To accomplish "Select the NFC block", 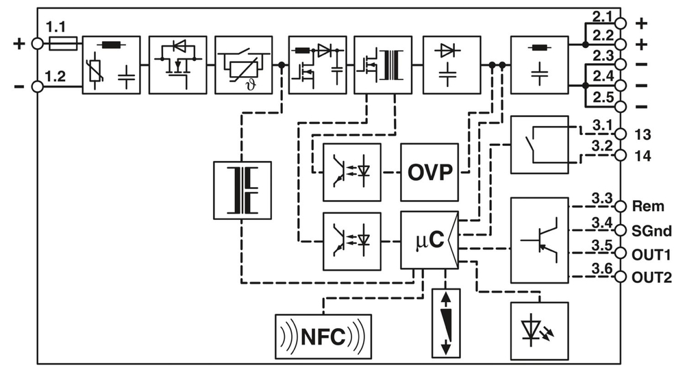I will tap(323, 336).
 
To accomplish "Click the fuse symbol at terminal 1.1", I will tap(63, 44).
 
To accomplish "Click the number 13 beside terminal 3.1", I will tap(643, 132).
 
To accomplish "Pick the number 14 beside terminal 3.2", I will tap(643, 156).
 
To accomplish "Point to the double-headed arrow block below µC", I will tap(447, 321).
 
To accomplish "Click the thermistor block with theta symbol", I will tap(243, 64).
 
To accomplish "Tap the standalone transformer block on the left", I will tap(242, 190).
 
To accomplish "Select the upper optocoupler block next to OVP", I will tap(351, 172).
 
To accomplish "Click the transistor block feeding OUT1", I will tap(539, 240).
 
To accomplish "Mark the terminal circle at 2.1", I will tap(621, 23).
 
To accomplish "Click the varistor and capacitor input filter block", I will tap(111, 64).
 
